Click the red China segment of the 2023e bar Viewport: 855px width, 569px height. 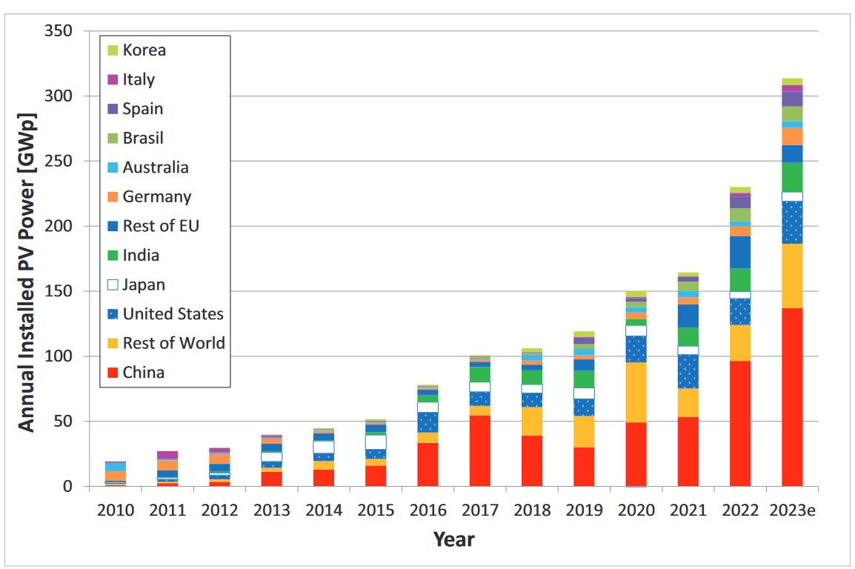pos(792,397)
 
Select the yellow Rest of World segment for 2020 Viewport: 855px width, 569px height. pos(636,392)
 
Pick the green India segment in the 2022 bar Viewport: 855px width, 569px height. pos(740,279)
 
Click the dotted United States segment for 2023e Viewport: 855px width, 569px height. pos(792,222)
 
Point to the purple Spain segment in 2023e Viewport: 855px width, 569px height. pos(792,99)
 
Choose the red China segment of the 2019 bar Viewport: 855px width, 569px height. pos(584,467)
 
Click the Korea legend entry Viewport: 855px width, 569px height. pos(144,50)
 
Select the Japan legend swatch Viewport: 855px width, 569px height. pos(113,284)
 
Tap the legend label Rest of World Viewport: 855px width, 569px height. pos(173,343)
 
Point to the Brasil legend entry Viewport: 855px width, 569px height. pos(143,138)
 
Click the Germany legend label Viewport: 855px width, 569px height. pos(157,196)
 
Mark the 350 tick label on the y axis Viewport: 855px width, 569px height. pos(57,31)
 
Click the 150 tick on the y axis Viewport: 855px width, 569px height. pos(57,291)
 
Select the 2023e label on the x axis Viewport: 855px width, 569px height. pos(792,510)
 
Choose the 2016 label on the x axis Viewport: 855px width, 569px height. pos(427,510)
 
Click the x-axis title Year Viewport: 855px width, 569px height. pos(453,539)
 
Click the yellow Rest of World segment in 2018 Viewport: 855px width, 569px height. pos(532,422)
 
